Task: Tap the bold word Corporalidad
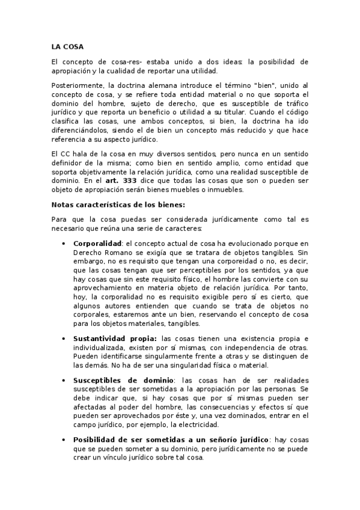pyautogui.click(x=97, y=243)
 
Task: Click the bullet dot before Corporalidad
pyautogui.click(x=64, y=244)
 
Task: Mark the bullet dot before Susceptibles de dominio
pyautogui.click(x=64, y=381)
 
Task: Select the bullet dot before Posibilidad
pyautogui.click(x=64, y=440)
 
